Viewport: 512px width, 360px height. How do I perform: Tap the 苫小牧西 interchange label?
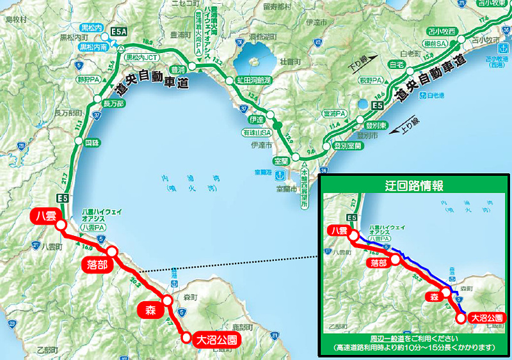tap(442, 30)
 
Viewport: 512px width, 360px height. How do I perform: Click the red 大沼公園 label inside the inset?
tap(488, 317)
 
